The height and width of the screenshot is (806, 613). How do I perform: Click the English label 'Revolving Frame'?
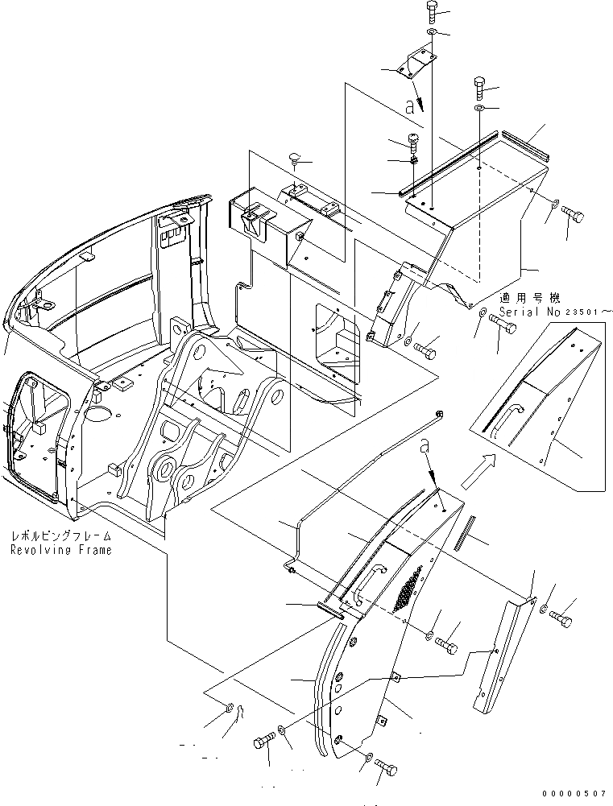tap(61, 550)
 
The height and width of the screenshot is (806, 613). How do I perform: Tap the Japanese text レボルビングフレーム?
tap(61, 535)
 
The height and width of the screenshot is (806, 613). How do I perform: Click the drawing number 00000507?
tap(574, 793)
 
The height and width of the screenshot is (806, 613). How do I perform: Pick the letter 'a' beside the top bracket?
tap(410, 105)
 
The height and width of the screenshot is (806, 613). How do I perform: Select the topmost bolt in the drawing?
tap(430, 11)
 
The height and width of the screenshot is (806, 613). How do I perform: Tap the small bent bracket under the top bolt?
tap(417, 62)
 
